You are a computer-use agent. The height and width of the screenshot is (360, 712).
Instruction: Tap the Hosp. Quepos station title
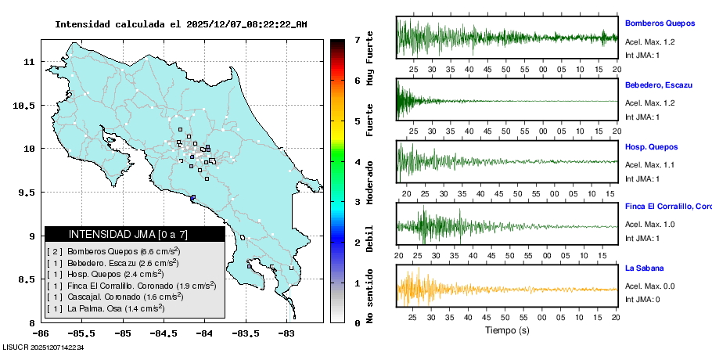[x=651, y=146]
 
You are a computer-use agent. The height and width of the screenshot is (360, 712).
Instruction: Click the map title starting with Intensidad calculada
[x=181, y=24]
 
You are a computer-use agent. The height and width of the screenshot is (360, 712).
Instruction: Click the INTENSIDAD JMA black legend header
[x=135, y=234]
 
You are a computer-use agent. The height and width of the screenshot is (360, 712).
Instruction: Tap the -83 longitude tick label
[x=286, y=333]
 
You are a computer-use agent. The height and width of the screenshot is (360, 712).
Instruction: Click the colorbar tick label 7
[x=356, y=39]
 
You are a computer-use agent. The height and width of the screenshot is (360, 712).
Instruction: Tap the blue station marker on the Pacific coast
[x=192, y=197]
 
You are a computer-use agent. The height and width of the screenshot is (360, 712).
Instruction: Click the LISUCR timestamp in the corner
[x=44, y=347]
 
